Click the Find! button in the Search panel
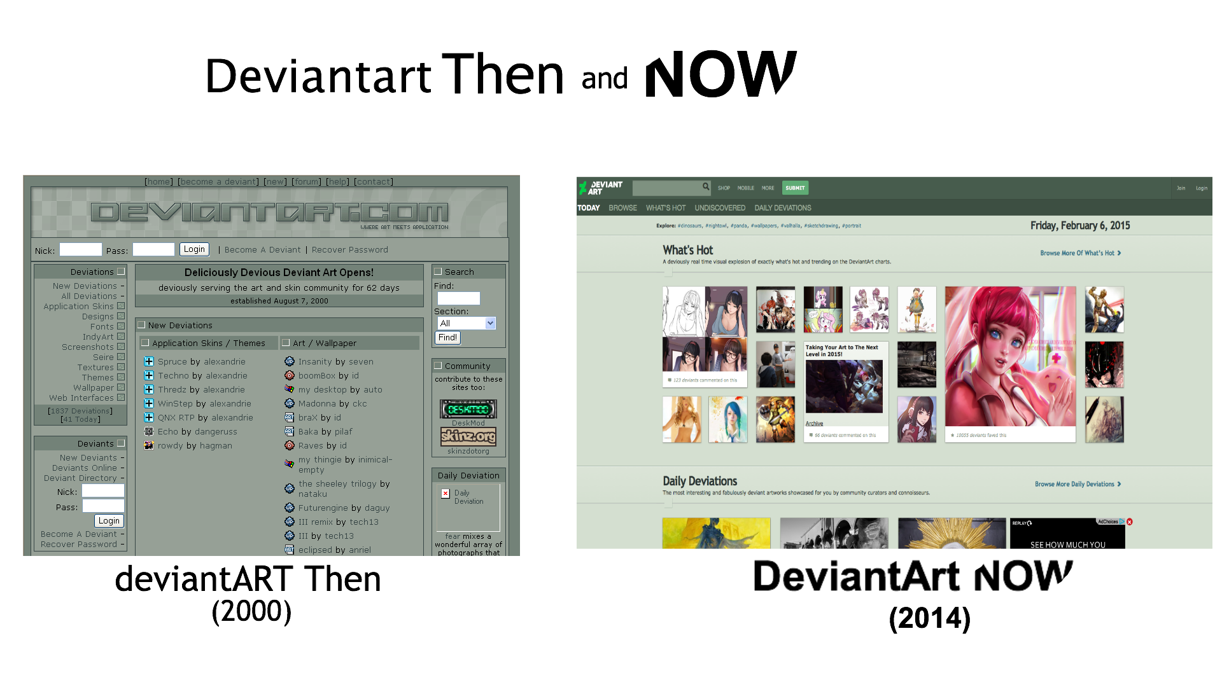[x=447, y=338]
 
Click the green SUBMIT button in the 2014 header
[x=795, y=188]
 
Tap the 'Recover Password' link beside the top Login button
[x=349, y=250]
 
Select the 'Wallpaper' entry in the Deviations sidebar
[x=93, y=387]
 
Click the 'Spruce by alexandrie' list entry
[x=201, y=361]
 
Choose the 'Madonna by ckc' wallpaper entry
[x=332, y=403]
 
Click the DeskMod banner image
[x=468, y=409]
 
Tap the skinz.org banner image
[x=468, y=436]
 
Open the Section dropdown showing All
[x=466, y=323]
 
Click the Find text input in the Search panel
[x=458, y=298]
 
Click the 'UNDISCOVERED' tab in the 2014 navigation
[x=720, y=208]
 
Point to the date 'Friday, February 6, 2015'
[x=1080, y=226]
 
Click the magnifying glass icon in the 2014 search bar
[x=706, y=187]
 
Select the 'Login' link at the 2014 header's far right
[x=1201, y=188]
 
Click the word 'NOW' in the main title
[x=720, y=74]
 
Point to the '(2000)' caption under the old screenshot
[x=251, y=611]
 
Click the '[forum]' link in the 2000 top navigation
[x=307, y=182]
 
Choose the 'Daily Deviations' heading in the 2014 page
[x=699, y=482]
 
